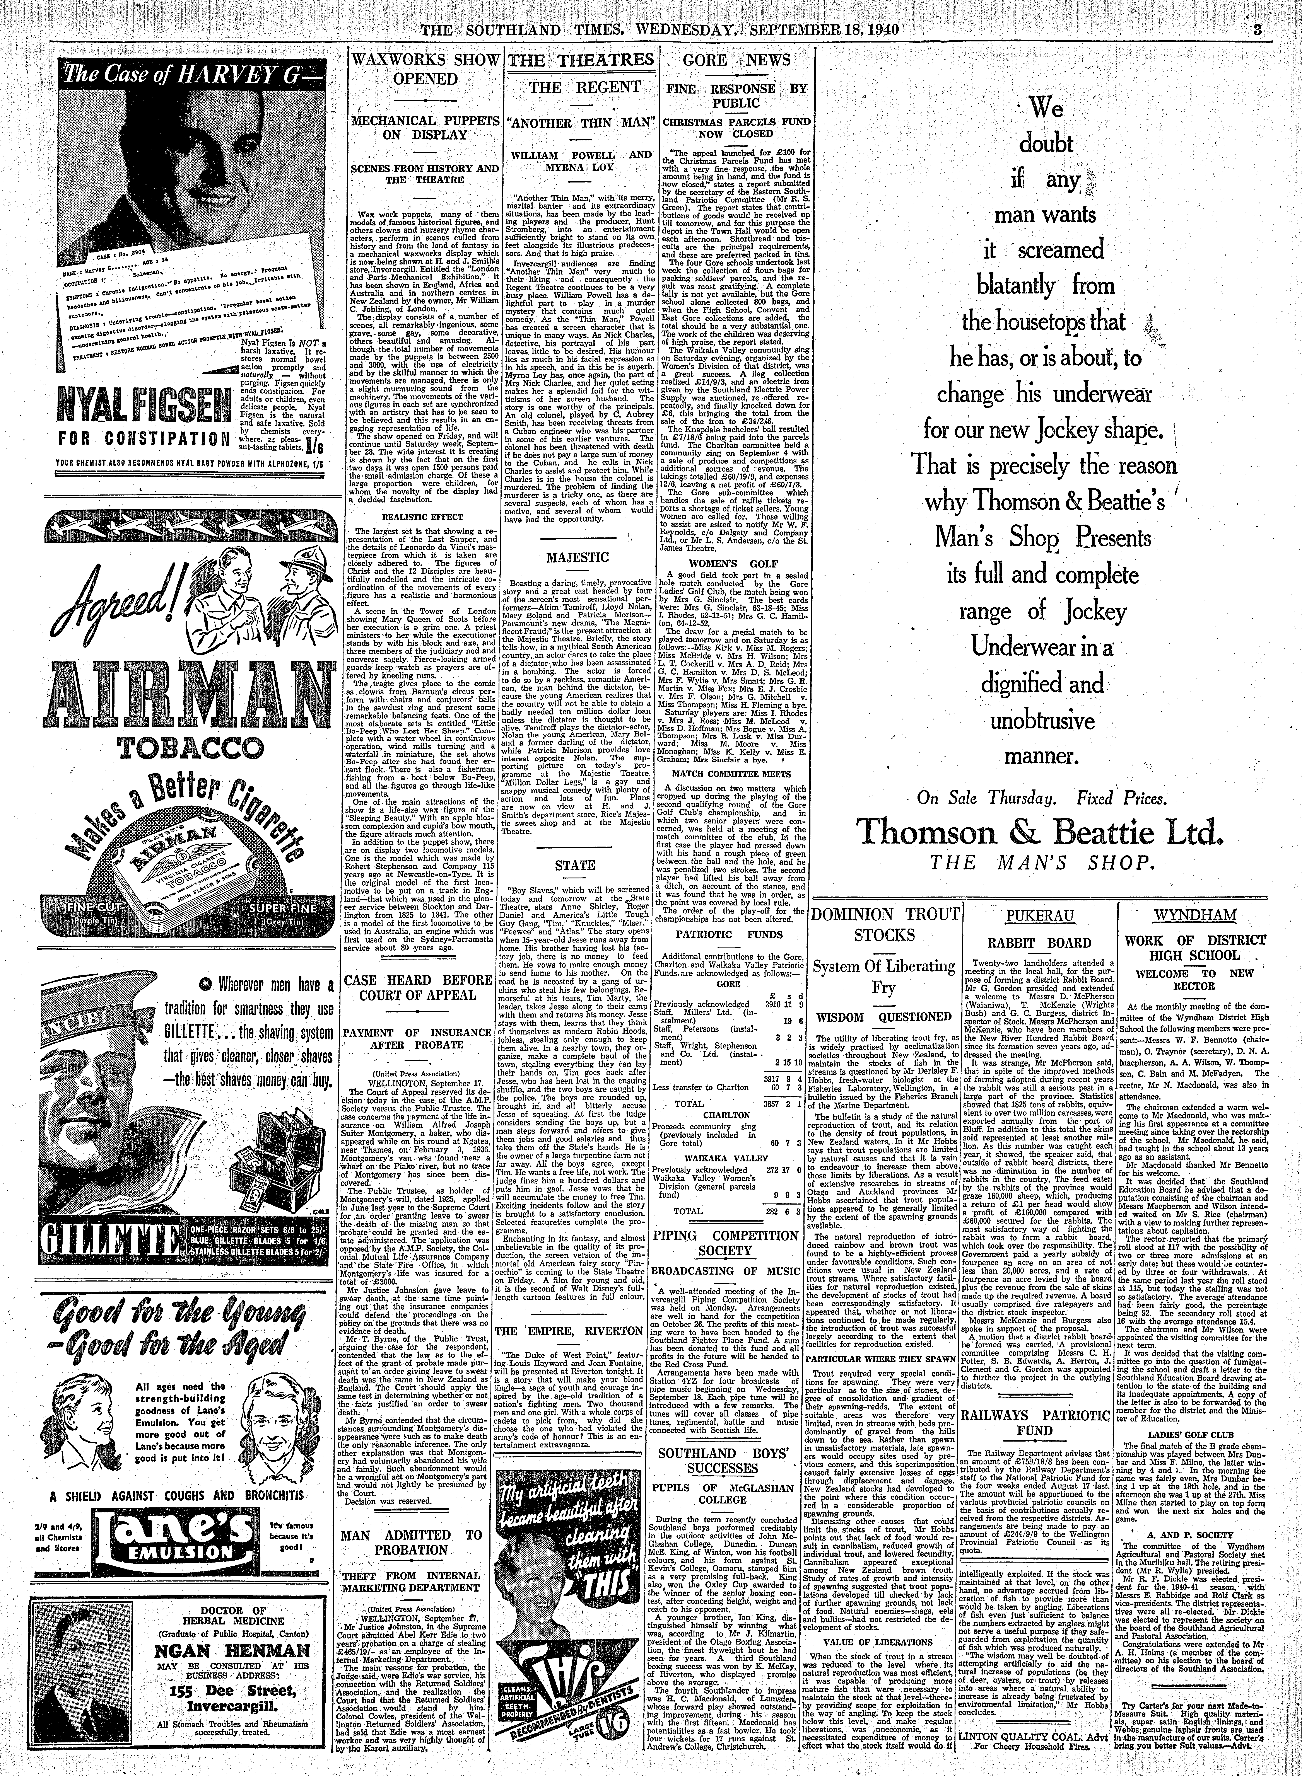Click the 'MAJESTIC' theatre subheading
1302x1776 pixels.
coord(579,557)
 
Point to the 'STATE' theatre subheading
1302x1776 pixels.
coord(579,865)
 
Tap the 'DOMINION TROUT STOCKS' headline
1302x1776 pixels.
coord(887,925)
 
